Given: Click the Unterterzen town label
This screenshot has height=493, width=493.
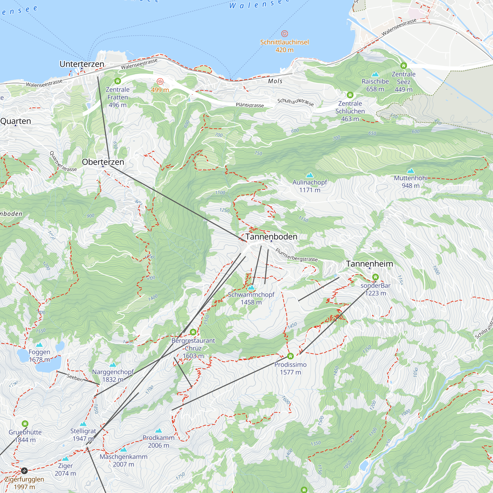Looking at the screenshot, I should (x=82, y=64).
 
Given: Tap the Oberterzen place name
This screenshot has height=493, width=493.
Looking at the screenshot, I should (x=103, y=162).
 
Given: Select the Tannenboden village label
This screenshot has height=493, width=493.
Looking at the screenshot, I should (x=271, y=237).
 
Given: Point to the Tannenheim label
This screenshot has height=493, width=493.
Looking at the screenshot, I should (x=369, y=264).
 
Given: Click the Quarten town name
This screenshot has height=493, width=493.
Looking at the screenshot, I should (x=16, y=121).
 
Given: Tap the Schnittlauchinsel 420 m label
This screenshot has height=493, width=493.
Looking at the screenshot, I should (x=284, y=46).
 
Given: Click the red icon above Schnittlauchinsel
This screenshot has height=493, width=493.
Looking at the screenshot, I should (x=284, y=34).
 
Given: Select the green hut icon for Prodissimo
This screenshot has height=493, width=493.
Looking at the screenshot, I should (x=290, y=356).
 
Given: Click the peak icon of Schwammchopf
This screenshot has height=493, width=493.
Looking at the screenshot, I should (x=251, y=288).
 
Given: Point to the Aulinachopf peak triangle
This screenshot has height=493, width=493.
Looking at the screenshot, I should (x=310, y=175).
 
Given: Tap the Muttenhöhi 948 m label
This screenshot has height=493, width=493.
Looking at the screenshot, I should (x=410, y=182).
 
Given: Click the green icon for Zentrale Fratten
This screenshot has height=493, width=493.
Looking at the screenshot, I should (x=117, y=81).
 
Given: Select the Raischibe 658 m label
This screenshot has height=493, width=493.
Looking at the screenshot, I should (x=375, y=85).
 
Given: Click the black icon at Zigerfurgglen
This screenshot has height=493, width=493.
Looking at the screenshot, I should (x=24, y=470).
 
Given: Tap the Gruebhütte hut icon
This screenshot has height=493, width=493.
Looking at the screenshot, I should (x=25, y=424).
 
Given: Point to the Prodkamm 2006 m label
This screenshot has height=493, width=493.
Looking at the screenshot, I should (x=158, y=441).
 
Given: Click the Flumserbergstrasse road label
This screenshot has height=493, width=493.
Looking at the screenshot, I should (x=296, y=255).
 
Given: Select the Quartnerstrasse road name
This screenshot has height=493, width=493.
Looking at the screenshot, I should (x=63, y=161).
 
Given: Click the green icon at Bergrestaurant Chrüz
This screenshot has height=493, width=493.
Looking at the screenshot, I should (x=193, y=332).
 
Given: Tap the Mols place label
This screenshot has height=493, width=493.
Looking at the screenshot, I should (x=275, y=81).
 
